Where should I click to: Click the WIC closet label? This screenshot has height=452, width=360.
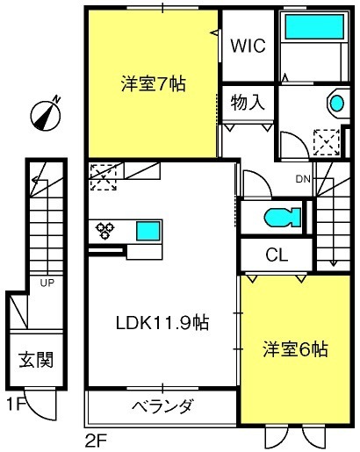[x=248, y=46]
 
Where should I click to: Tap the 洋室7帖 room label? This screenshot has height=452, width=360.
[x=154, y=84]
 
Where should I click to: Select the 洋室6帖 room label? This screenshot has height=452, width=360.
[x=295, y=349]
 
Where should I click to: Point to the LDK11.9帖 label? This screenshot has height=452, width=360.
[x=162, y=323]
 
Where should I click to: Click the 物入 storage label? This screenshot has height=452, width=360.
[x=248, y=103]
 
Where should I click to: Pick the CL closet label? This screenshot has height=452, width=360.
[x=277, y=255]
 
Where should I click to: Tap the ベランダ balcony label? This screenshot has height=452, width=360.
[x=162, y=405]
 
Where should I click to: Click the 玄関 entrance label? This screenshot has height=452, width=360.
[x=36, y=359]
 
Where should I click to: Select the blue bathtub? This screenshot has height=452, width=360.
[x=314, y=26]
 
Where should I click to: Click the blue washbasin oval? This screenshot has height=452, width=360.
[x=337, y=104]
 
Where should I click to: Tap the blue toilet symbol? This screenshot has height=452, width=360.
[x=282, y=218]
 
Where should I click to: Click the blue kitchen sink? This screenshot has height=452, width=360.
[x=148, y=231]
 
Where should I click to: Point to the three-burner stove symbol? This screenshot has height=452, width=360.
[x=105, y=230]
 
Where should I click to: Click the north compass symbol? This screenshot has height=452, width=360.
[x=47, y=113]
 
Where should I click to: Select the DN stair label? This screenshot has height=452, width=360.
[x=303, y=179]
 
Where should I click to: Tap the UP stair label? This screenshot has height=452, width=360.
[x=47, y=283]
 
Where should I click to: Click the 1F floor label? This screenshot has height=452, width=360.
[x=16, y=405]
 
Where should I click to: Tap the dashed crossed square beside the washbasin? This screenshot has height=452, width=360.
[x=327, y=142]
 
